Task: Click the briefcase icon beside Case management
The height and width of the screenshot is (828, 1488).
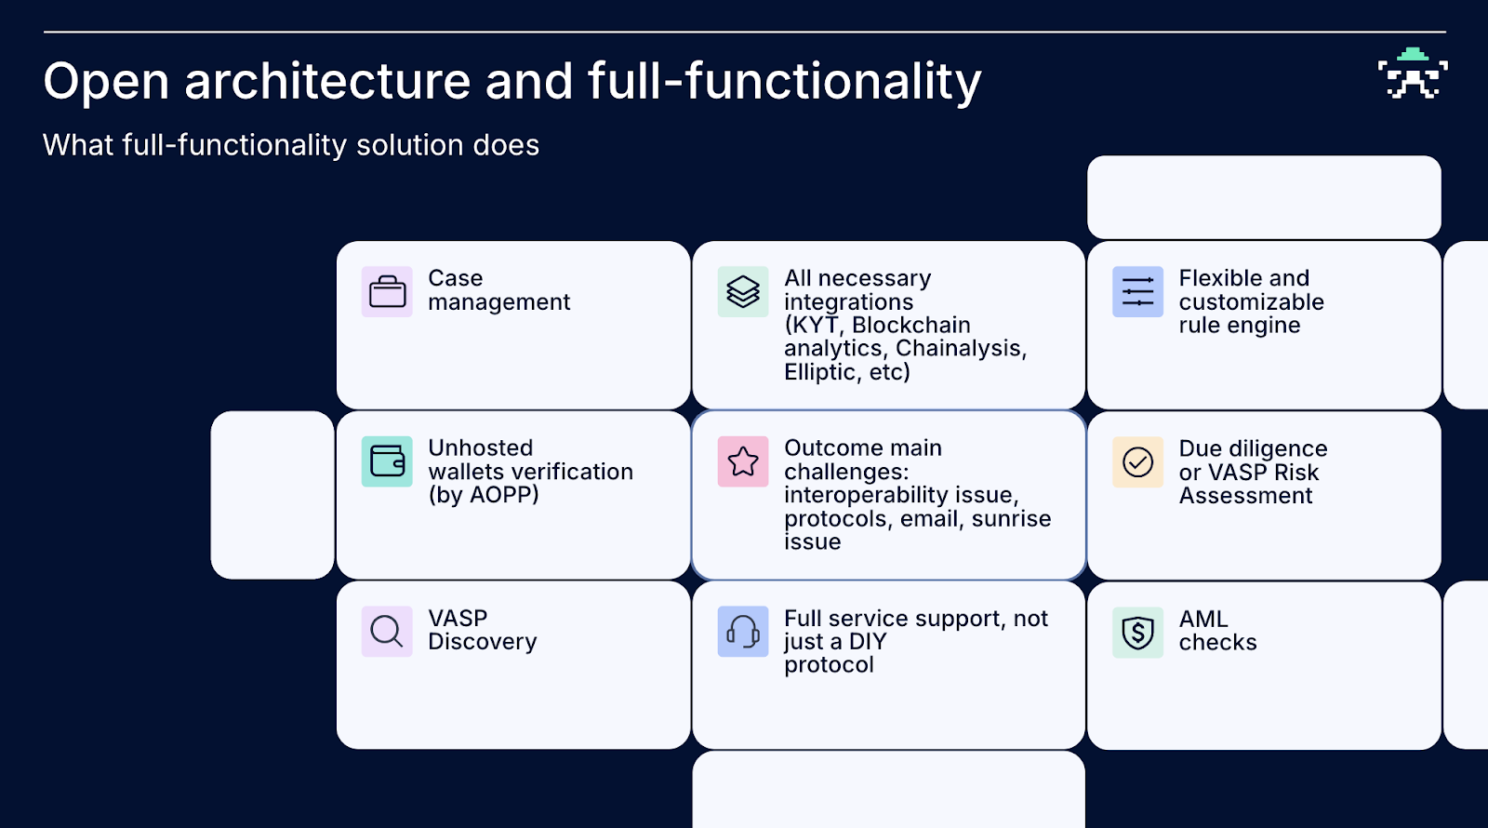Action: (x=387, y=292)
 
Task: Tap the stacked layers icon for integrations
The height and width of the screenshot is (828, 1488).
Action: (x=743, y=292)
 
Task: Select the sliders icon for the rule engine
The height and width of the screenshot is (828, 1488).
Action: (x=1137, y=292)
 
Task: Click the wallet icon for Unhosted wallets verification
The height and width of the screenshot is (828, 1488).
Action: (x=387, y=461)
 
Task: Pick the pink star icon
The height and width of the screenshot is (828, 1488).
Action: (x=743, y=461)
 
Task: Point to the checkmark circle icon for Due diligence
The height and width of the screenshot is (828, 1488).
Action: (x=1137, y=461)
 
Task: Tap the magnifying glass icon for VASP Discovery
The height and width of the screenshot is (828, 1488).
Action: (x=387, y=632)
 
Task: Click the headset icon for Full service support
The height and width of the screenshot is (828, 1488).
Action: (x=743, y=632)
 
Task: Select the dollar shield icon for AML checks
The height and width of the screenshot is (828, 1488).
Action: (x=1137, y=632)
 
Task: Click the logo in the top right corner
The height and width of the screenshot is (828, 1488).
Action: (x=1413, y=73)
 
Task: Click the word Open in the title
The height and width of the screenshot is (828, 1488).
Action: (x=106, y=82)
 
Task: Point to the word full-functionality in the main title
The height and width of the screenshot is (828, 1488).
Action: (x=785, y=82)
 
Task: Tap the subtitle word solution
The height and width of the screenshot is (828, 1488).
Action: (x=410, y=145)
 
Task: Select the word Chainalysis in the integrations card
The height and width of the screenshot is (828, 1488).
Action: (x=961, y=348)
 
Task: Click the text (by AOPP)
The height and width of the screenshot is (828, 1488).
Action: (x=484, y=495)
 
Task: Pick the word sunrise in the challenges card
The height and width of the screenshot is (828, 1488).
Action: (x=1011, y=518)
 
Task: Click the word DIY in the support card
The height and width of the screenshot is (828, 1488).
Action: (x=868, y=641)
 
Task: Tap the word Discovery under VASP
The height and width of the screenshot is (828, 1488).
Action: (x=483, y=641)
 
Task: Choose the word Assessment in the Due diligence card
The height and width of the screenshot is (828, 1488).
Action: (x=1245, y=496)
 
